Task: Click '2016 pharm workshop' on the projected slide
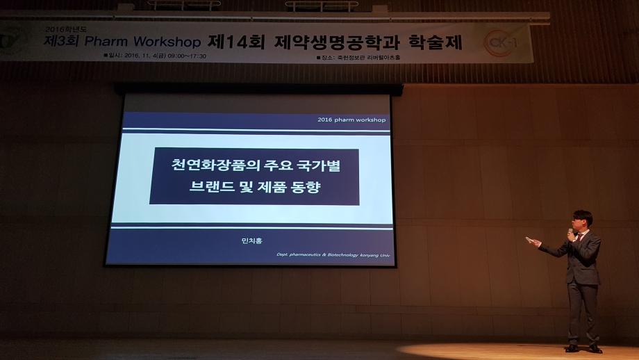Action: coord(351,120)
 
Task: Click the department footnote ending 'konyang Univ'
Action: coord(331,256)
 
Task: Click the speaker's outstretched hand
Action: coord(532,241)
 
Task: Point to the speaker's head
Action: coord(582,220)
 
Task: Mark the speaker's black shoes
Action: coord(583,348)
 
